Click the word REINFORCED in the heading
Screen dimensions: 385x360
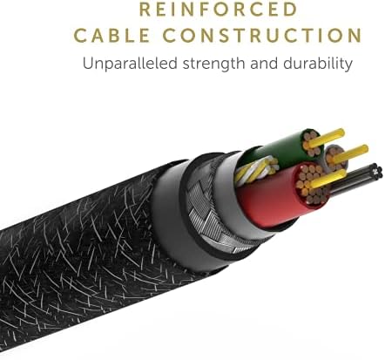click(x=219, y=9)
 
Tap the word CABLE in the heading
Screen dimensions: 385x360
click(x=111, y=36)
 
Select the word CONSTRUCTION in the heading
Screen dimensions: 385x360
click(x=262, y=36)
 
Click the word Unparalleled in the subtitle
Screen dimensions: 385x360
click(x=130, y=63)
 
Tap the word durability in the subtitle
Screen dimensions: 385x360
click(x=318, y=64)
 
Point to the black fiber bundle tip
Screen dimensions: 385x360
click(x=377, y=168)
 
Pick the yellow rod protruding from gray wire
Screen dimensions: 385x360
click(x=351, y=153)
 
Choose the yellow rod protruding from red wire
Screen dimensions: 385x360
click(x=328, y=178)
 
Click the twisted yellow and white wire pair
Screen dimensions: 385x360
click(x=255, y=169)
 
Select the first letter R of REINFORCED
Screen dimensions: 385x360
click(x=145, y=9)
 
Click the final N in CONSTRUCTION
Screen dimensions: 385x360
click(x=355, y=36)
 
